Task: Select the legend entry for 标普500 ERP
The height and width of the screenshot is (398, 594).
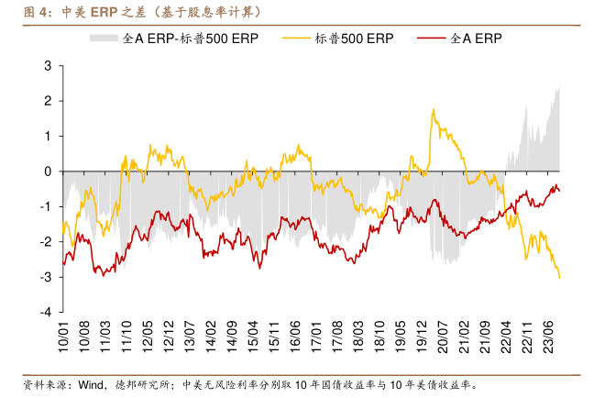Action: tap(354, 40)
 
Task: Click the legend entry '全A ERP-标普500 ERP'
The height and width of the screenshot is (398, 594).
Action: tap(187, 40)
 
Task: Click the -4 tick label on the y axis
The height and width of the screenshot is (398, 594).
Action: tap(45, 312)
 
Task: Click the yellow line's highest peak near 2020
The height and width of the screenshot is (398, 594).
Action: tap(433, 109)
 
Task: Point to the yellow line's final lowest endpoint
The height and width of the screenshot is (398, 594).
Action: tap(560, 278)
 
